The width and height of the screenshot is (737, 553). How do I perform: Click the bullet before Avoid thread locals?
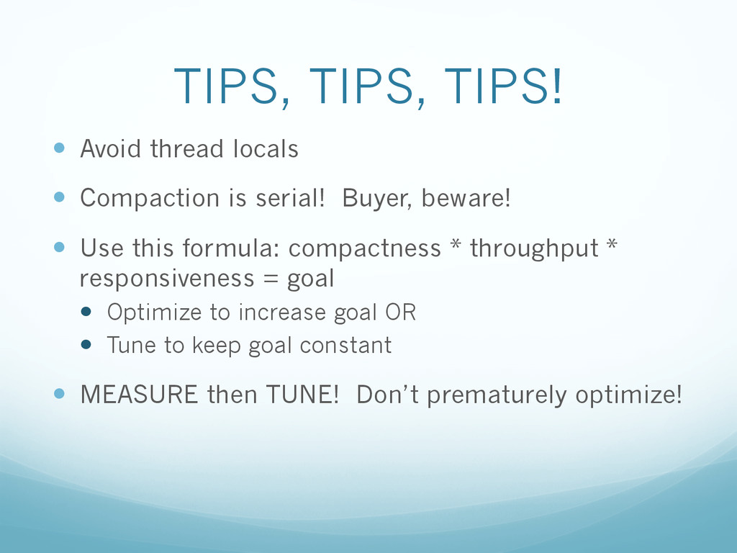click(x=59, y=148)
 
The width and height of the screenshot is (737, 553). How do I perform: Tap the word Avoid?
click(x=111, y=148)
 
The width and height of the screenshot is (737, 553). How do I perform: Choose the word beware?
click(x=466, y=198)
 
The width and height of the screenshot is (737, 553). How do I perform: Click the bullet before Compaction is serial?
click(x=59, y=197)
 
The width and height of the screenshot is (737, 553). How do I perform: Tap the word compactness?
click(x=365, y=248)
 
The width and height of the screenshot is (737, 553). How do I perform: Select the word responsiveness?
click(x=167, y=279)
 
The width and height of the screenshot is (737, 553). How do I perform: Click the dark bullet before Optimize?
click(x=86, y=311)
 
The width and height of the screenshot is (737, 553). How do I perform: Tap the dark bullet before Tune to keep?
click(x=86, y=345)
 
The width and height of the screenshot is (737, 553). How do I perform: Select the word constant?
click(x=345, y=345)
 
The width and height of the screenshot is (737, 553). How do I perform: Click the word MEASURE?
click(x=139, y=395)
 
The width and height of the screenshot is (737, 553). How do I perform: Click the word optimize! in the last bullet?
click(x=628, y=395)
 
